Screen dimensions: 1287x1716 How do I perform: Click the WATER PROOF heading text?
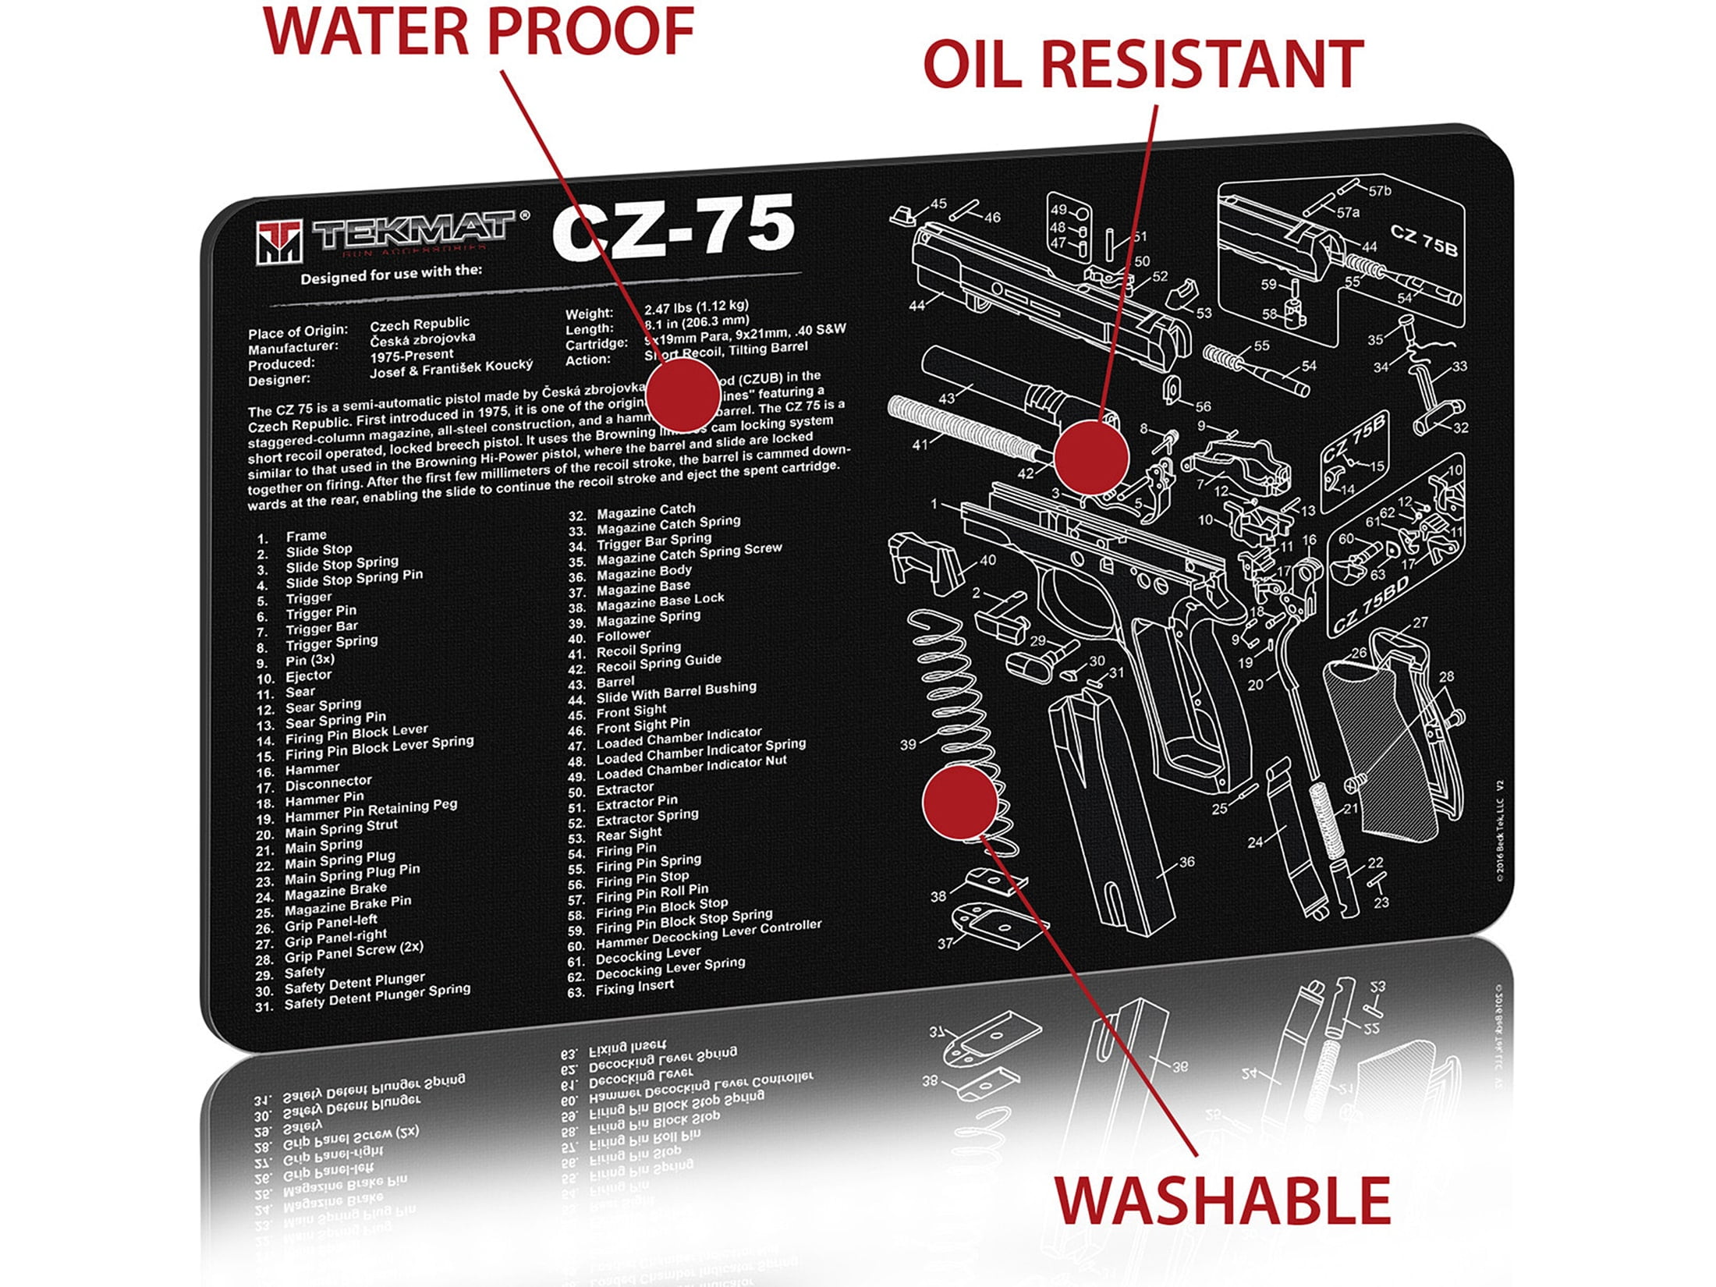(479, 31)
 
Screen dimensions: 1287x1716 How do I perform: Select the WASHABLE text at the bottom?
(1223, 1201)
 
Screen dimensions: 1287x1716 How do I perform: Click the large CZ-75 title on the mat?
(672, 229)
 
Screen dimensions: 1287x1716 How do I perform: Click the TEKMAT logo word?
(413, 230)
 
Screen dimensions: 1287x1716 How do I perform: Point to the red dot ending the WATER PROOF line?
(682, 394)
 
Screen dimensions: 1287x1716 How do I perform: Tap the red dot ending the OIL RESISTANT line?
(1090, 457)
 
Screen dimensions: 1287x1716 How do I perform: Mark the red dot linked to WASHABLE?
(959, 802)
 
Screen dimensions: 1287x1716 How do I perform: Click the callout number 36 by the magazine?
(1186, 862)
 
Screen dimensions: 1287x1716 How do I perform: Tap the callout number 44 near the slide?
(916, 306)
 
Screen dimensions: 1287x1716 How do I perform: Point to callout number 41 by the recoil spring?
(920, 444)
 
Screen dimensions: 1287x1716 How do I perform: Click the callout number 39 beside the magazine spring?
(908, 744)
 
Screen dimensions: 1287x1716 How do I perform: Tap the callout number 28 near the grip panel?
(1446, 677)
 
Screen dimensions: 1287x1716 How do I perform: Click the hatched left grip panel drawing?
(1381, 749)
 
